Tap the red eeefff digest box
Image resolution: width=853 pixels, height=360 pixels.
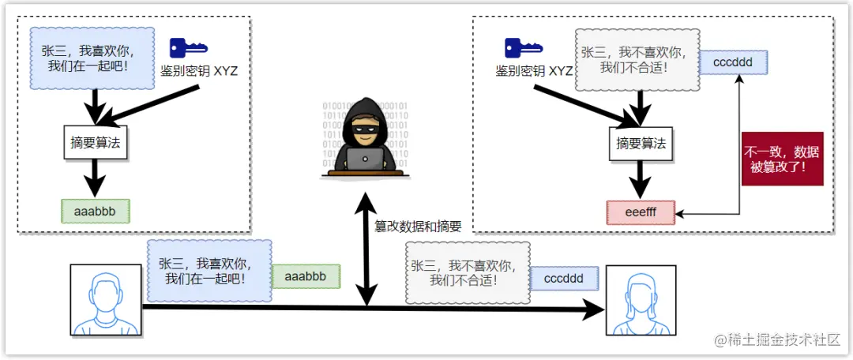641,213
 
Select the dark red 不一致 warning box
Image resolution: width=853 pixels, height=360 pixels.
783,159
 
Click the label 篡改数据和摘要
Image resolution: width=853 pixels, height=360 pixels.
418,227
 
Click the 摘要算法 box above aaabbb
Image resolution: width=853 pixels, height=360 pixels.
96,143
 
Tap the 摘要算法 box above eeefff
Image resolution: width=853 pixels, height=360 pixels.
641,144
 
